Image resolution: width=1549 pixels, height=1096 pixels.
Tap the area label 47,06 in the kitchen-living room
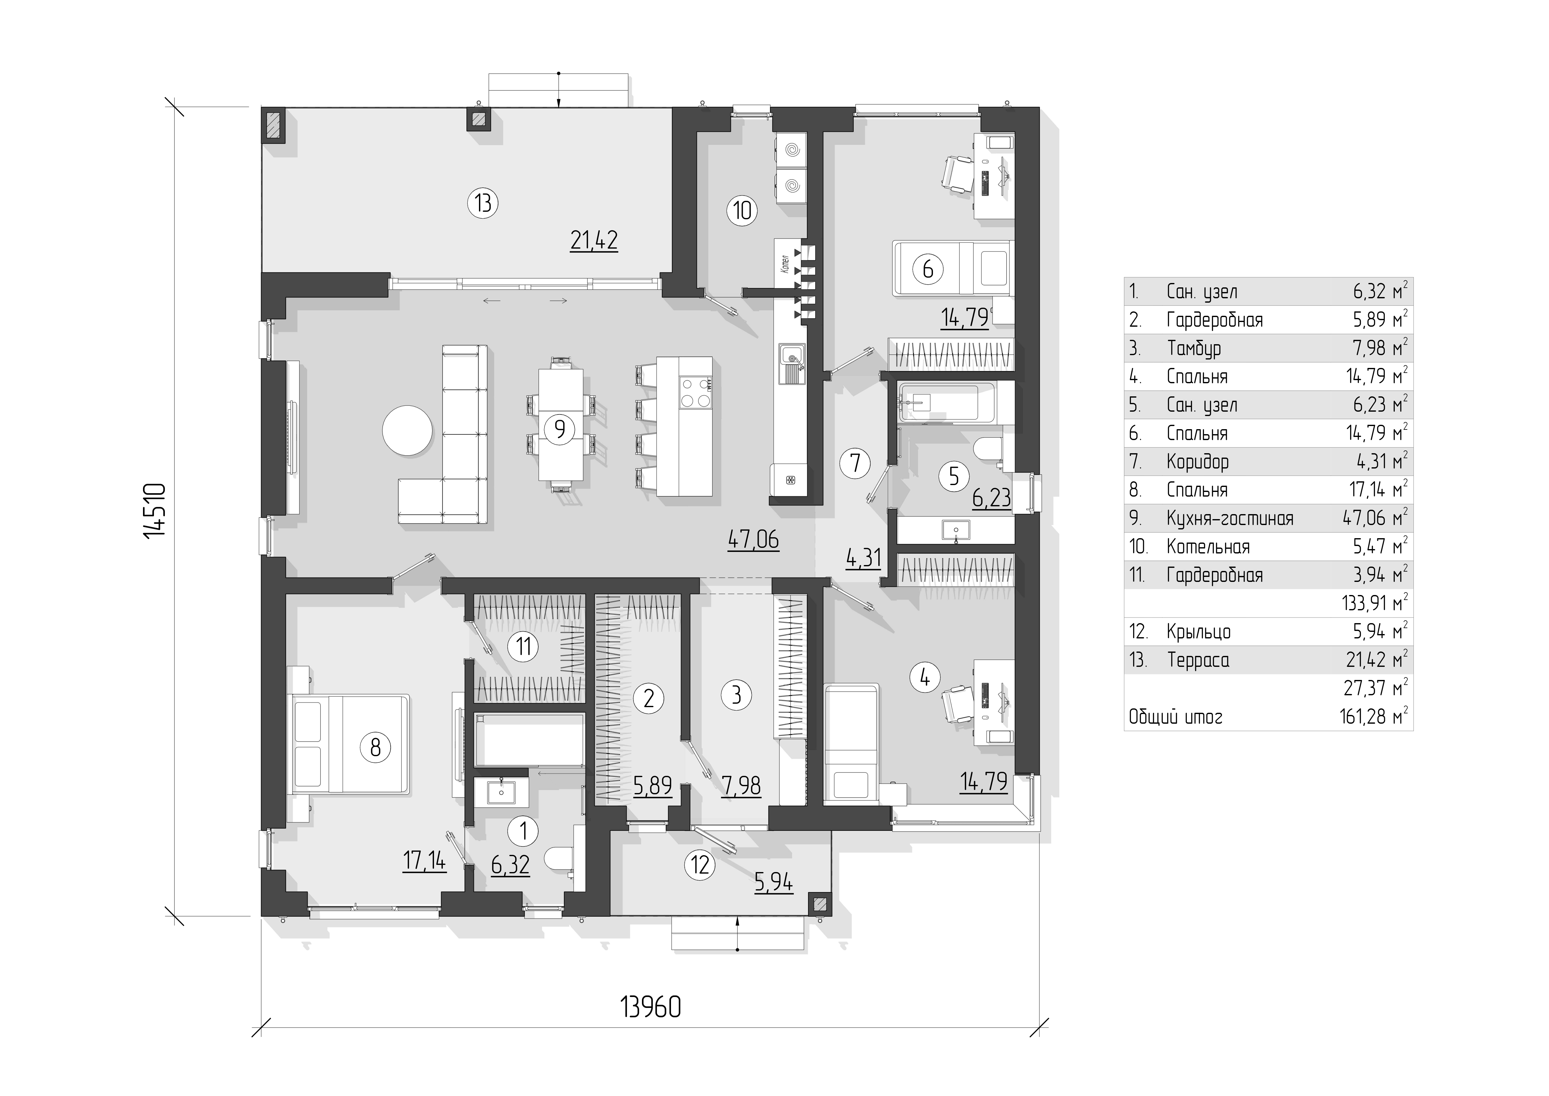754,540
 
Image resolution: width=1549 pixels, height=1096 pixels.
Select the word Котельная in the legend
1208,547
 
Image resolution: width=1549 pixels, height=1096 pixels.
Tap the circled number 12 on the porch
700,865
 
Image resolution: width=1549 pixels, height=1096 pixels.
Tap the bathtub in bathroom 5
946,404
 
